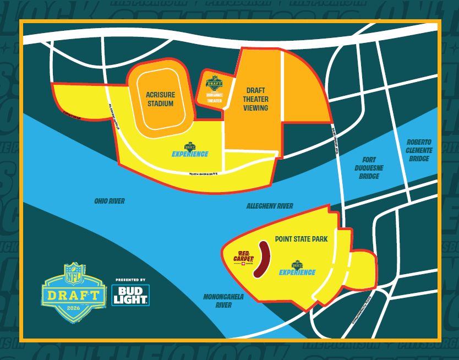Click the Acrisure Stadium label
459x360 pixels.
pyautogui.click(x=160, y=99)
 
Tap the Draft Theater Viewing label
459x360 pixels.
pyautogui.click(x=256, y=99)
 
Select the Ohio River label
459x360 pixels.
pyautogui.click(x=109, y=201)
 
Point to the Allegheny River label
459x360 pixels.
pyautogui.click(x=270, y=206)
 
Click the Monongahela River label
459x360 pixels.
pyautogui.click(x=223, y=301)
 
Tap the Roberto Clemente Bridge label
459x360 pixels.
pyautogui.click(x=419, y=150)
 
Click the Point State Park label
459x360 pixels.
pyautogui.click(x=301, y=239)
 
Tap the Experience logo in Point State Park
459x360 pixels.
pyautogui.click(x=297, y=269)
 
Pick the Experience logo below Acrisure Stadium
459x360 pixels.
pyautogui.click(x=190, y=150)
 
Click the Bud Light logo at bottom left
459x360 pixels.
pyautogui.click(x=130, y=295)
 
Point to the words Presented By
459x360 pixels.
pyautogui.click(x=130, y=280)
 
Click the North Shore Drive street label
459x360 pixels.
pyautogui.click(x=203, y=174)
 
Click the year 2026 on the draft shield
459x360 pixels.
pyautogui.click(x=74, y=308)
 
